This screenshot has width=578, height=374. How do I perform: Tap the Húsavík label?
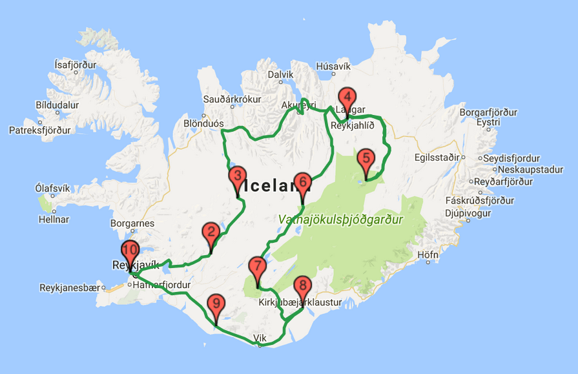coord(333,67)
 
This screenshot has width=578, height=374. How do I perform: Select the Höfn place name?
coord(428,255)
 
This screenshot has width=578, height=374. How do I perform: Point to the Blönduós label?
coord(203,123)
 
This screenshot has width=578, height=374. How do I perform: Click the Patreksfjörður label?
coord(39,130)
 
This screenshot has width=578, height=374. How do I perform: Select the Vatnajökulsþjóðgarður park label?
coord(341,220)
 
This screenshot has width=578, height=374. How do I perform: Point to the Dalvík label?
coord(280,75)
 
